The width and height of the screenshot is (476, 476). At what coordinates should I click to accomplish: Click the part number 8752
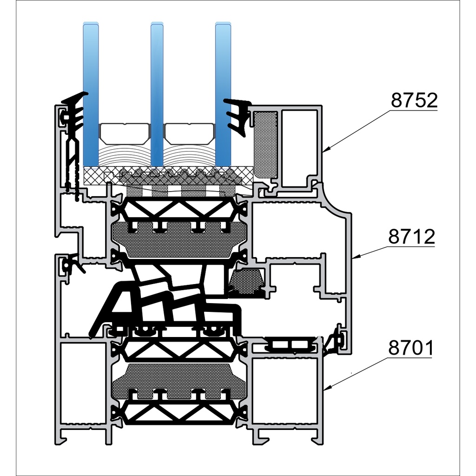[414, 101]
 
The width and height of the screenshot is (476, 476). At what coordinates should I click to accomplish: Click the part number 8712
[412, 237]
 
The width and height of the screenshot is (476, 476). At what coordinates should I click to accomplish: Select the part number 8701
[410, 348]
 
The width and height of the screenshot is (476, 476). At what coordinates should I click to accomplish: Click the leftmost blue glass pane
[91, 93]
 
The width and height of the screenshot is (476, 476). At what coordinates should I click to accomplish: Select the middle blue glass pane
[157, 93]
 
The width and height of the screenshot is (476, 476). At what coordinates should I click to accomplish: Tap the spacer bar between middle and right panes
[190, 133]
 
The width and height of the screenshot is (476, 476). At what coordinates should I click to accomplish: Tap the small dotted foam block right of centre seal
[246, 281]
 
